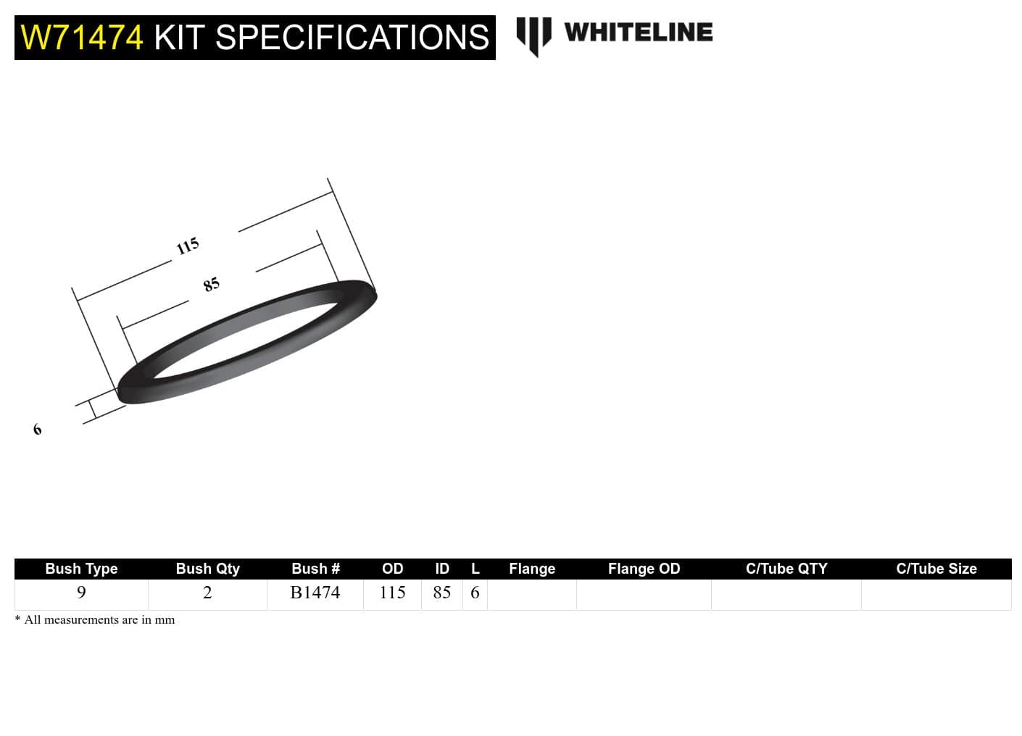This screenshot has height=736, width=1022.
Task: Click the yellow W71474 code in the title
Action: pyautogui.click(x=82, y=38)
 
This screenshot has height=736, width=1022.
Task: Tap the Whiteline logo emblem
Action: pyautogui.click(x=533, y=35)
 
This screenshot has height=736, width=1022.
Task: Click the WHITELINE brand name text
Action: pyautogui.click(x=638, y=33)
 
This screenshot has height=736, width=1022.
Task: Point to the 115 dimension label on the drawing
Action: pyautogui.click(x=188, y=246)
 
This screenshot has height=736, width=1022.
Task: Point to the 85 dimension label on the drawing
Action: pyautogui.click(x=211, y=285)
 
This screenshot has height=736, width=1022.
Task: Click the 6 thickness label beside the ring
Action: pyautogui.click(x=38, y=430)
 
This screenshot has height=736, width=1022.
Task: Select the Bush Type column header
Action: pyautogui.click(x=81, y=569)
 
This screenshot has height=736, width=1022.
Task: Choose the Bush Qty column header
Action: pyautogui.click(x=207, y=569)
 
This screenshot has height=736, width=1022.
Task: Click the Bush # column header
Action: pyautogui.click(x=315, y=569)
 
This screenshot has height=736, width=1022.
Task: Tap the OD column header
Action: pyautogui.click(x=392, y=569)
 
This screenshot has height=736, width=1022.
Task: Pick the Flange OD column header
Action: pyautogui.click(x=644, y=569)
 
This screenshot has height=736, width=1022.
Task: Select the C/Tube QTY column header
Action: pyautogui.click(x=786, y=569)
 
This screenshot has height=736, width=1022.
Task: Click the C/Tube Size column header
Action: pyautogui.click(x=936, y=569)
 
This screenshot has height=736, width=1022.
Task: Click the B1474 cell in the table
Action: pyautogui.click(x=315, y=593)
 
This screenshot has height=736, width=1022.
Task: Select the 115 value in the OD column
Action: pyautogui.click(x=392, y=593)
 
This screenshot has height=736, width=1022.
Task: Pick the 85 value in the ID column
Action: pyautogui.click(x=442, y=593)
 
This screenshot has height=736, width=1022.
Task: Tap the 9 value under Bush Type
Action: pyautogui.click(x=81, y=593)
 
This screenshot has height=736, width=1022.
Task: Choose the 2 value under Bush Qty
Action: pyautogui.click(x=207, y=593)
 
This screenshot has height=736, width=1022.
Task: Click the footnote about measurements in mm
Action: pyautogui.click(x=95, y=620)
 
